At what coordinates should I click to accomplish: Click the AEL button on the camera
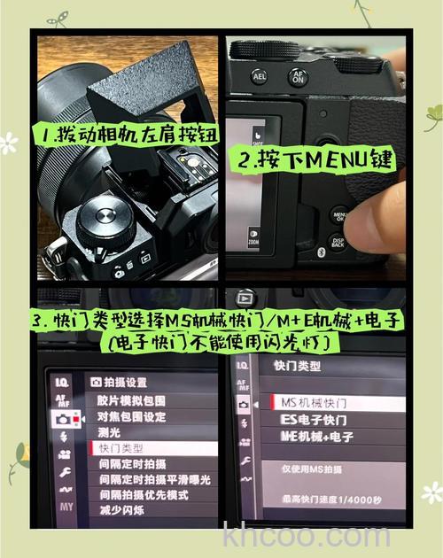[260, 77]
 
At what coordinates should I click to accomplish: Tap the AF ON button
[298, 77]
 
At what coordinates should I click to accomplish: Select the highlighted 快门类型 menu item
[121, 449]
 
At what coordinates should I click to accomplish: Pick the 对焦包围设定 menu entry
[131, 416]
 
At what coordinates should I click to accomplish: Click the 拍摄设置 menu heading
[120, 382]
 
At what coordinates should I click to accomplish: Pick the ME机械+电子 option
[314, 437]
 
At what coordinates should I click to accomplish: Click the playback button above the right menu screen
[245, 299]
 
